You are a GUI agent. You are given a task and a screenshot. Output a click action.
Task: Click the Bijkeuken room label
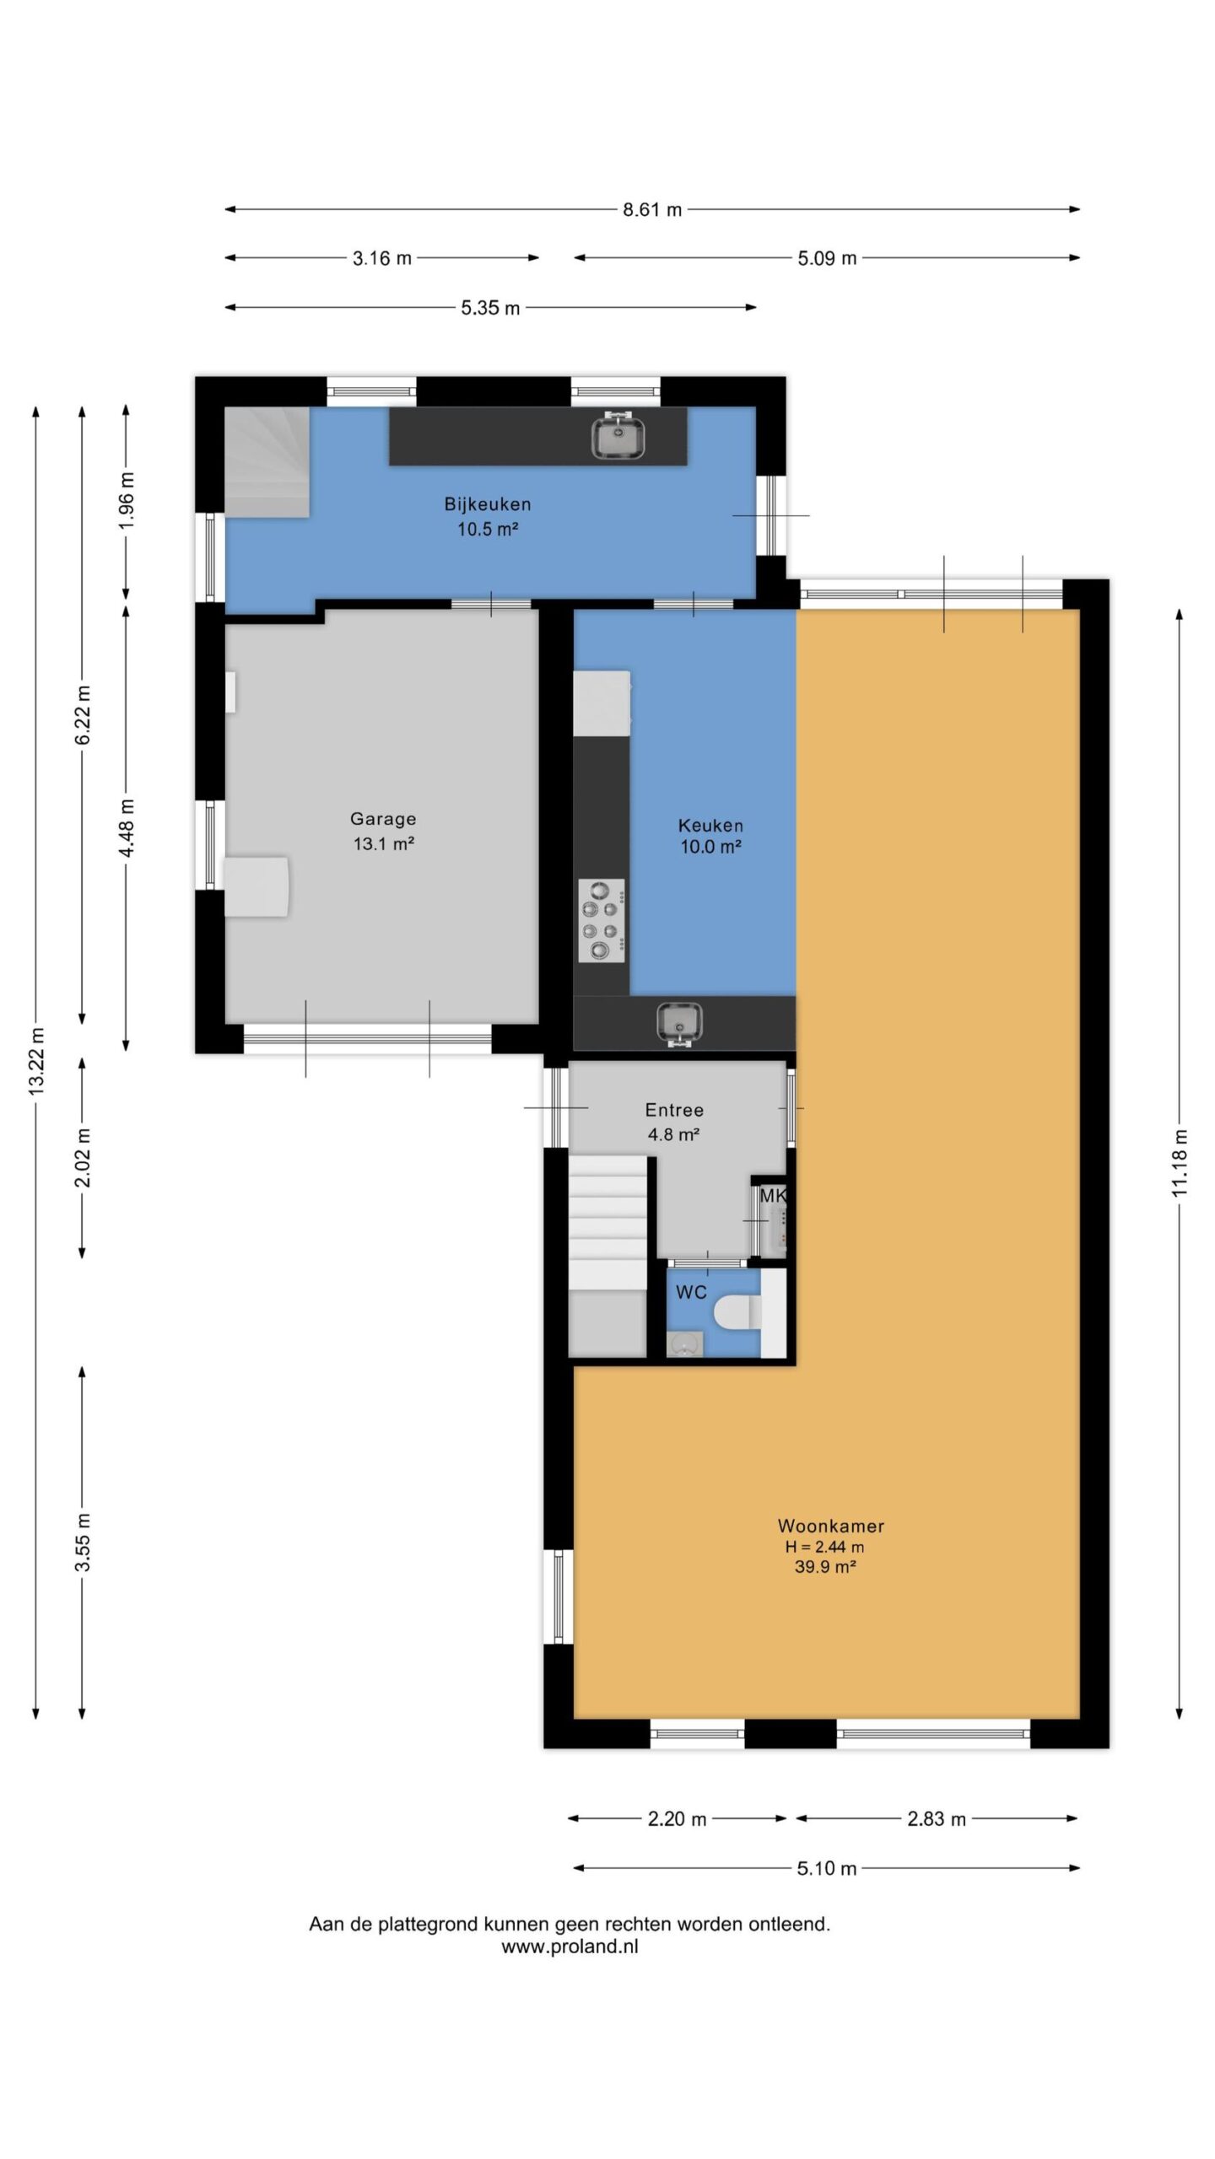tap(488, 504)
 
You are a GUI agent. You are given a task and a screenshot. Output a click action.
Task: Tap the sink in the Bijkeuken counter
tap(619, 436)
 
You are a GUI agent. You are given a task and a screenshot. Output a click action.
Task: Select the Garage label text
tap(383, 819)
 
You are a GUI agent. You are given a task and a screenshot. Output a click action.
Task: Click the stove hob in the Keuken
tap(602, 920)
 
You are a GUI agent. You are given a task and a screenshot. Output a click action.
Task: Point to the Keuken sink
tap(679, 1024)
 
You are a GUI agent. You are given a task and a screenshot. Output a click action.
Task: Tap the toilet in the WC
tap(737, 1312)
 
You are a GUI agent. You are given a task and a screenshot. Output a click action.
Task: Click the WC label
tap(691, 1292)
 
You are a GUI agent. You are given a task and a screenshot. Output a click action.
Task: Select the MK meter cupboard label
tap(773, 1195)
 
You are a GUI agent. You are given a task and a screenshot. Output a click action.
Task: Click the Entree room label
tap(674, 1111)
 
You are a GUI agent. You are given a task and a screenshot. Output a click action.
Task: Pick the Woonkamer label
tap(831, 1526)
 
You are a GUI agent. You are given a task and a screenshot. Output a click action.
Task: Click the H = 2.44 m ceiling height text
tap(824, 1547)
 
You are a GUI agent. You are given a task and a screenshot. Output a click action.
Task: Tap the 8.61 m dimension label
tap(652, 210)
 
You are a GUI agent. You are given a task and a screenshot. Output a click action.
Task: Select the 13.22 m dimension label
tap(36, 1063)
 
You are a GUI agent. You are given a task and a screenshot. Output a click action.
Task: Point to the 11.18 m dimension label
tap(1180, 1163)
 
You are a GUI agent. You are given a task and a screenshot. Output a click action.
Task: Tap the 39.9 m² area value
tap(825, 1567)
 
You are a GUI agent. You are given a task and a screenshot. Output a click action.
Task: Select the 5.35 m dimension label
tap(490, 308)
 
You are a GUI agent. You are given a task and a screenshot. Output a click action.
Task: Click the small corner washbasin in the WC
tap(684, 1344)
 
